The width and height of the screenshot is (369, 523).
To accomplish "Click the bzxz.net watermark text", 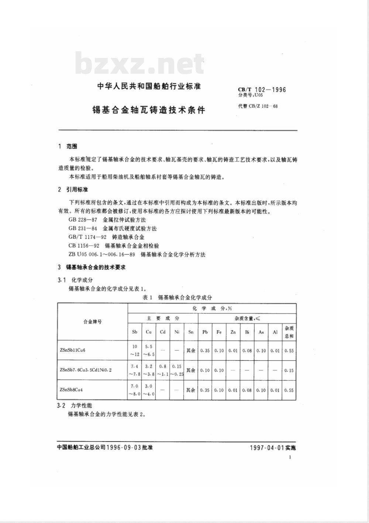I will click(x=139, y=64).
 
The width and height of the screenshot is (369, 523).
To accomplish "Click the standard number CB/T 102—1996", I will click(x=262, y=89).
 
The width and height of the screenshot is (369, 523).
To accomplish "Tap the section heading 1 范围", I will click(x=68, y=146).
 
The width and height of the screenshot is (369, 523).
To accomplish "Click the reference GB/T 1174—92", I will click(x=87, y=237).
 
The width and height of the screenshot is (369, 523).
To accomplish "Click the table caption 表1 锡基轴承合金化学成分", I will click(x=177, y=298).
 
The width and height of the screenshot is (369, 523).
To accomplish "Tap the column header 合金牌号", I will click(x=92, y=322).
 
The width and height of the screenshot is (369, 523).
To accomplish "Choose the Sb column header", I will click(x=135, y=332).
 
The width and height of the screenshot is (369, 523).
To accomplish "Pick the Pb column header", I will click(x=205, y=332).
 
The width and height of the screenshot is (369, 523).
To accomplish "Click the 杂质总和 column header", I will click(x=289, y=332).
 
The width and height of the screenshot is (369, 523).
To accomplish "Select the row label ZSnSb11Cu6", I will click(x=72, y=350).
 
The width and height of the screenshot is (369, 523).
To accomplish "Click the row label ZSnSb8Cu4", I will click(x=70, y=389).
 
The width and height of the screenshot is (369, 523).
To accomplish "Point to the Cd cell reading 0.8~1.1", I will click(x=163, y=370).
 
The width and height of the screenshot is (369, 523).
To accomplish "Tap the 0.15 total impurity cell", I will click(x=289, y=370).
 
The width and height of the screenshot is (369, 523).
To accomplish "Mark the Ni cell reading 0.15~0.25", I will click(x=177, y=370).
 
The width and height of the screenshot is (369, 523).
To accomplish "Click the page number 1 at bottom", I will click(x=290, y=457).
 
